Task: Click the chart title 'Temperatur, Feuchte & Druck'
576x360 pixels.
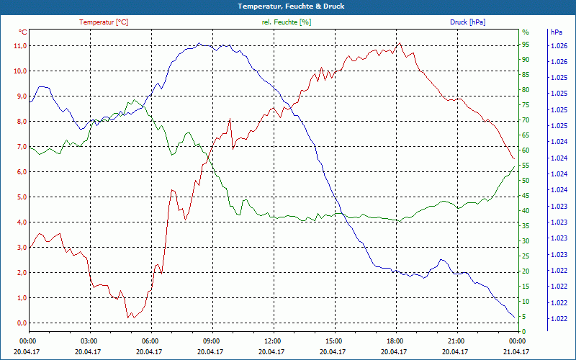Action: coord(287,6)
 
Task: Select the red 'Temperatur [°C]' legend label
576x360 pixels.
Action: coord(104,22)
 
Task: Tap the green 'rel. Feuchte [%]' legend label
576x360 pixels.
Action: coord(287,22)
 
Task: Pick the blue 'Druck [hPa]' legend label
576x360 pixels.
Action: coord(467,22)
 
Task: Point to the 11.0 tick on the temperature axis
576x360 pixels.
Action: coord(20,46)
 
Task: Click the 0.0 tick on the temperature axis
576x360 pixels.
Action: coord(20,323)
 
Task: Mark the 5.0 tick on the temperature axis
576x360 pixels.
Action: coord(20,197)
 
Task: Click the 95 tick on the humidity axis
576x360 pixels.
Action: coord(525,45)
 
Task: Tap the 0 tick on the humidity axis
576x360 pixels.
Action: coord(523,332)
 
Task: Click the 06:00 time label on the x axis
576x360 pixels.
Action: coord(150,341)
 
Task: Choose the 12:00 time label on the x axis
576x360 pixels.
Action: coord(272,341)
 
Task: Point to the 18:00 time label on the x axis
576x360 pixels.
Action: coord(395,341)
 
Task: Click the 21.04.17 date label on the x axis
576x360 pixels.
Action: coord(516,351)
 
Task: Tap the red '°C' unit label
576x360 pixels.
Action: coord(23,32)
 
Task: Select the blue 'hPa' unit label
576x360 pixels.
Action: coord(555,32)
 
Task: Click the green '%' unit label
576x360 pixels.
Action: coord(525,32)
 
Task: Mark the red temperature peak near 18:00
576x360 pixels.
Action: coord(400,42)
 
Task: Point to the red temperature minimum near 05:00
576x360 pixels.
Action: coord(127,318)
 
